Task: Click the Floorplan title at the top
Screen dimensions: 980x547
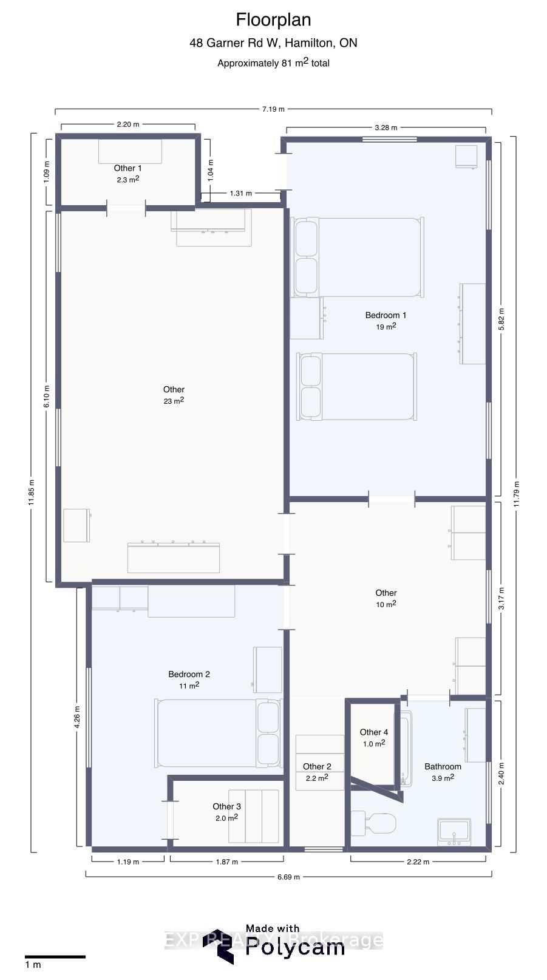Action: pos(273,20)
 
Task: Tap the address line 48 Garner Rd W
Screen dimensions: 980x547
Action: pos(273,43)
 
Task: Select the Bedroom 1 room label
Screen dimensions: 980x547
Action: pos(386,315)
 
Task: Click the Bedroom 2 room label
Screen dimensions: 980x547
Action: pos(189,674)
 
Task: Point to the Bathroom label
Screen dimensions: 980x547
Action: pos(443,766)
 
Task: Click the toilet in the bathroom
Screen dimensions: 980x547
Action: pos(374,824)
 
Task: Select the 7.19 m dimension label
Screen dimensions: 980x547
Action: pos(273,109)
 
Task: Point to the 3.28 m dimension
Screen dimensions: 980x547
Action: pos(386,128)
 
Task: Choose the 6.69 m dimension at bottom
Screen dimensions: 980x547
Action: pos(288,877)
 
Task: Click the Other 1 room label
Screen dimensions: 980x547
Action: pos(128,168)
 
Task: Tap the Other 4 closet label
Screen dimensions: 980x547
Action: pos(373,732)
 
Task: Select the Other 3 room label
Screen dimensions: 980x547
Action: pos(226,806)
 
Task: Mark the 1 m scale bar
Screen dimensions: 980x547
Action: pos(55,957)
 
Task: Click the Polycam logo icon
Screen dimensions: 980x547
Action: pos(219,946)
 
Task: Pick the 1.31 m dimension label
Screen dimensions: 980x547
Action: pos(240,193)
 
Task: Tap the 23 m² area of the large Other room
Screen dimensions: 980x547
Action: pos(174,401)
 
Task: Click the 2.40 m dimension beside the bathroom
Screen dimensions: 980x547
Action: pos(501,774)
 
